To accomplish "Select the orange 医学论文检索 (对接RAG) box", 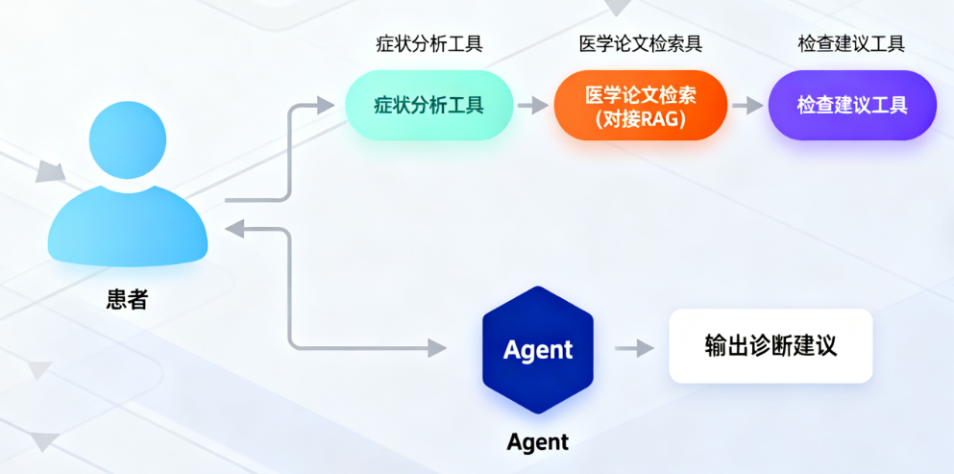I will [640, 106].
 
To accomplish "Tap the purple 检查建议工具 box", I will [851, 105].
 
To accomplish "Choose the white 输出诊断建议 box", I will [771, 346].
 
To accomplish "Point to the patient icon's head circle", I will [128, 142].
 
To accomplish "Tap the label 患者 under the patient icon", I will [127, 299].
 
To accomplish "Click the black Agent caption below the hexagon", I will [538, 442].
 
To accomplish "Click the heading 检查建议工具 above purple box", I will [851, 44].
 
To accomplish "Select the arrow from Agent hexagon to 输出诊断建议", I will [628, 347].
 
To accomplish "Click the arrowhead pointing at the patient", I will [234, 228].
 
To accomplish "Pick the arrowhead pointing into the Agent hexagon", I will [438, 347].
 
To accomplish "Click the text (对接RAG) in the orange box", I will [640, 119].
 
